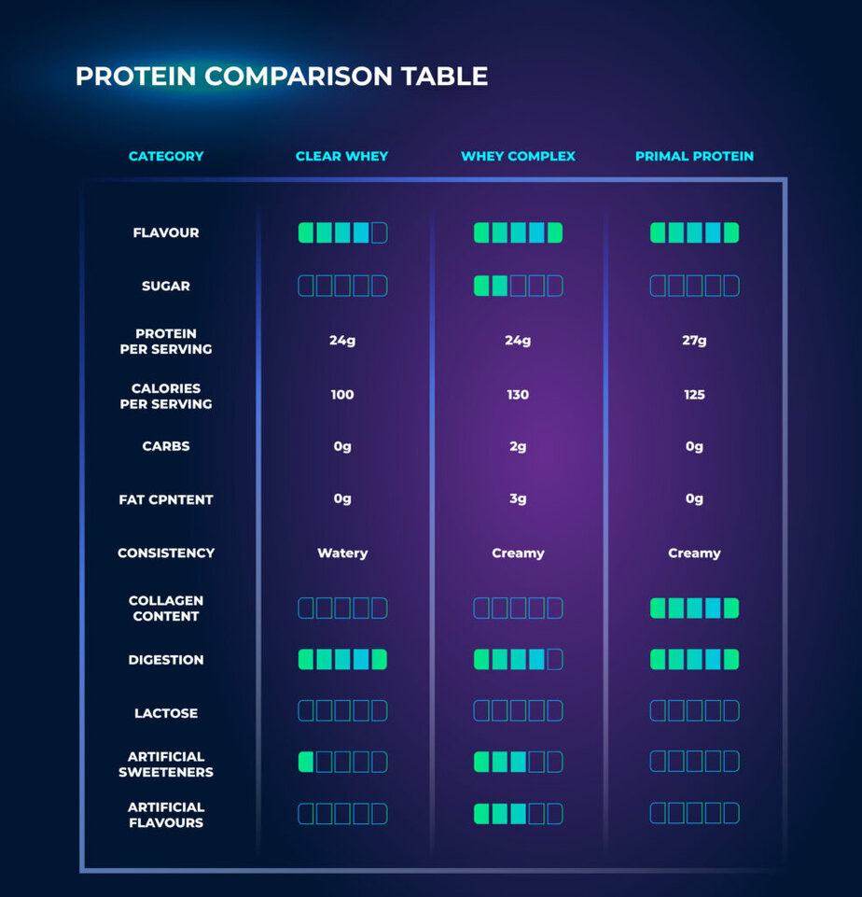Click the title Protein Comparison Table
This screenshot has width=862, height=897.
[281, 77]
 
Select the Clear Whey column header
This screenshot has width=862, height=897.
[341, 156]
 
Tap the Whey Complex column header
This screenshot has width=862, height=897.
[518, 156]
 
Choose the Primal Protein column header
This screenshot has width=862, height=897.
[694, 156]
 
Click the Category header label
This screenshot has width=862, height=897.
[166, 156]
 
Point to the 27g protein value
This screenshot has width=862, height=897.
[694, 341]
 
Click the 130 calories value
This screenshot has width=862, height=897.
[518, 395]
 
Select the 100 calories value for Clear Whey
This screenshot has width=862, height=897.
[342, 395]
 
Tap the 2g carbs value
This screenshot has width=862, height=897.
[518, 447]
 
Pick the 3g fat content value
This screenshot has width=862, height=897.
[518, 499]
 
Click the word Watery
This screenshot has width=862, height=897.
[342, 554]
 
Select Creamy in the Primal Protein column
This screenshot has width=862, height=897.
[694, 554]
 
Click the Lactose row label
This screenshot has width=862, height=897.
[166, 713]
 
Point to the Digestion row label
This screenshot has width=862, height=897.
[166, 660]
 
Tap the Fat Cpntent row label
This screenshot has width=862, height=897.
[166, 499]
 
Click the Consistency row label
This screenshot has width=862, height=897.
[166, 554]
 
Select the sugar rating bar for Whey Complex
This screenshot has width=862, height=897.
[518, 286]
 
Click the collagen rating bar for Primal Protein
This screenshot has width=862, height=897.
[694, 609]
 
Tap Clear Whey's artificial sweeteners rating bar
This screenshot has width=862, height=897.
[342, 762]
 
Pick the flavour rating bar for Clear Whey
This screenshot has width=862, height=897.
[342, 232]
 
